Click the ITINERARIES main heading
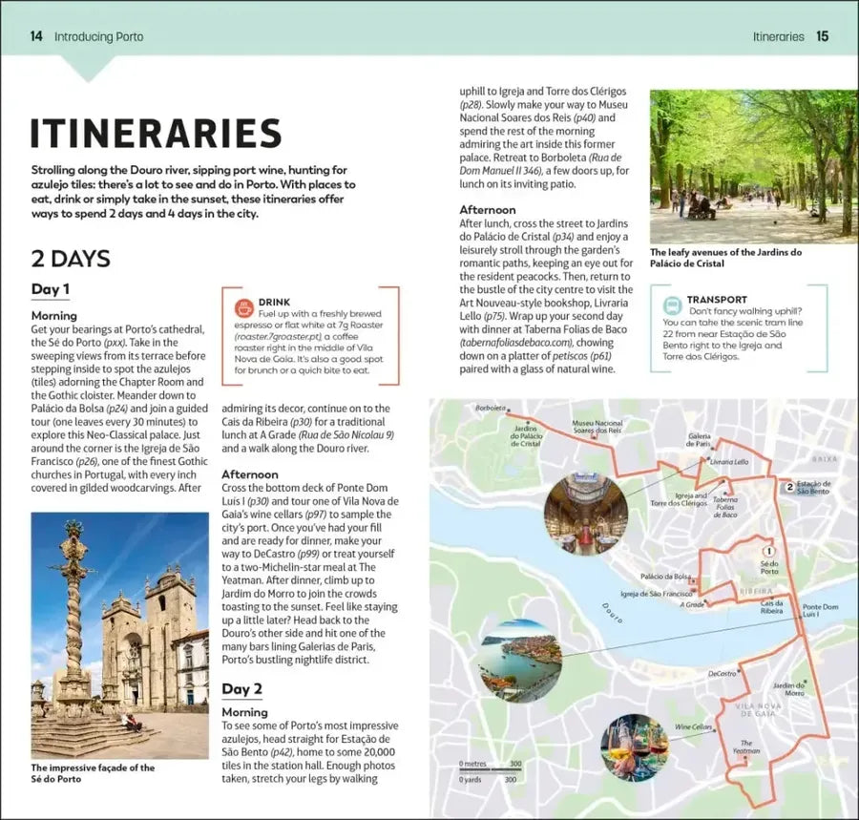pyautogui.click(x=156, y=134)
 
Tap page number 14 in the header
pyautogui.click(x=36, y=36)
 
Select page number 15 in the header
pyautogui.click(x=822, y=36)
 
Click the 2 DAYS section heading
pyautogui.click(x=71, y=258)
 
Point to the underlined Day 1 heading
pyautogui.click(x=51, y=289)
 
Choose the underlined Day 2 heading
pyautogui.click(x=241, y=688)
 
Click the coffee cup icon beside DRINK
pyautogui.click(x=243, y=307)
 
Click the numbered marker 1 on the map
pyautogui.click(x=769, y=550)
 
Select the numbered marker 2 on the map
pyautogui.click(x=789, y=487)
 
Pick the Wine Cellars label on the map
pyautogui.click(x=694, y=726)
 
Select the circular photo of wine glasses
pyautogui.click(x=634, y=746)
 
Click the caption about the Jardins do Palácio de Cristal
pyautogui.click(x=725, y=258)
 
